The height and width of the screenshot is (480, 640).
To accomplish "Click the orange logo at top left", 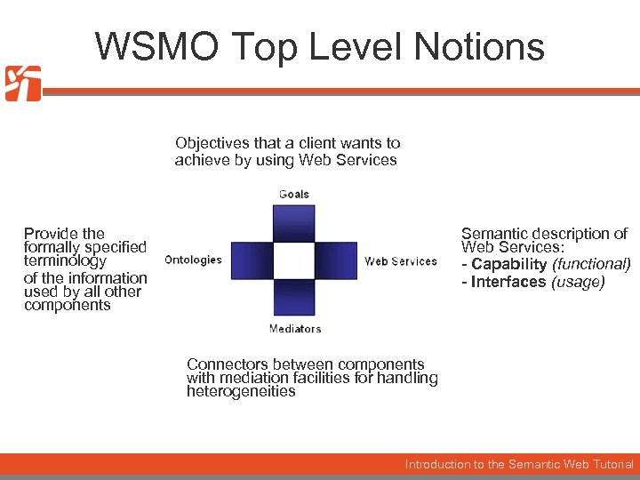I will click(x=23, y=84).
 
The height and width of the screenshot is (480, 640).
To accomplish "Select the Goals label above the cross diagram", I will click(x=294, y=194).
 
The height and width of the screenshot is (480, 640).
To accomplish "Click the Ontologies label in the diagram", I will click(x=193, y=260).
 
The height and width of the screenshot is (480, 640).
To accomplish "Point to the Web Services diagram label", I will click(x=401, y=261).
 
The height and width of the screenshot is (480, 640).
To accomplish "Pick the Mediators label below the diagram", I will click(x=295, y=329).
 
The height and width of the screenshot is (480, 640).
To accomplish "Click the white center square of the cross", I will click(x=294, y=260).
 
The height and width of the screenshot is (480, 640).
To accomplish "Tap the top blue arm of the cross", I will click(x=294, y=222).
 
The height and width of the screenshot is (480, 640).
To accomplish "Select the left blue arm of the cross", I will click(x=251, y=260).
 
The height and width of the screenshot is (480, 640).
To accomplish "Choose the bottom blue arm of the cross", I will click(x=294, y=299).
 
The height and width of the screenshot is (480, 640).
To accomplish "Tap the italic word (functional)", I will click(x=592, y=265).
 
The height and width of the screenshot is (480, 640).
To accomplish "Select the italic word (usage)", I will click(x=578, y=282).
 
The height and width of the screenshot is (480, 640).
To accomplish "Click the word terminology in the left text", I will click(x=65, y=261).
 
